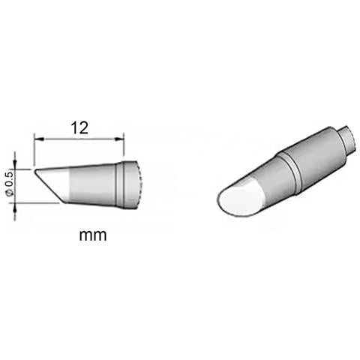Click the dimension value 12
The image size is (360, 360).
(x=79, y=127)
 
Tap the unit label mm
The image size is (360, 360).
(x=93, y=235)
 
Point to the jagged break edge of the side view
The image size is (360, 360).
(x=139, y=184)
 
